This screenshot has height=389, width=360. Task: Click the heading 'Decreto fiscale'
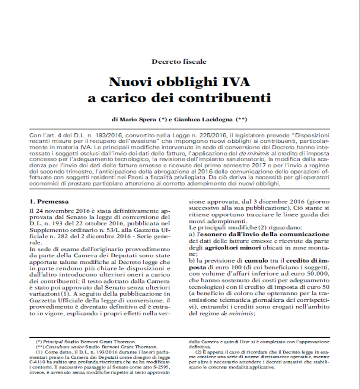[x=179, y=61]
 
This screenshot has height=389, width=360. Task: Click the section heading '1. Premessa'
[x=49, y=202]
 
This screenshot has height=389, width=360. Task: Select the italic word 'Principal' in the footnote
[x=50, y=342]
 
